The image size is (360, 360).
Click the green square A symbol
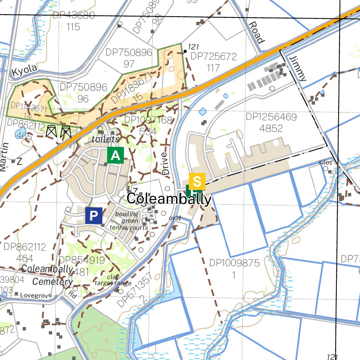pos(116,155)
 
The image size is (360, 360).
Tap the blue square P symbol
pos(94,216)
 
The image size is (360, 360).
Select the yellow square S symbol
pos(197,181)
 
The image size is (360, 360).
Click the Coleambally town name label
pos(169,199)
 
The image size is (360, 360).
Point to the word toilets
pos(105,139)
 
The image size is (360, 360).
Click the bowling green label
pos(127,217)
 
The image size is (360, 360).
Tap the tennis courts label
pos(129,227)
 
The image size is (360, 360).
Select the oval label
pos(175,218)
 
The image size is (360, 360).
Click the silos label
pos(325,162)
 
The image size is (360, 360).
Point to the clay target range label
pos(113,280)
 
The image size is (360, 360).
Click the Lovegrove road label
pos(36,295)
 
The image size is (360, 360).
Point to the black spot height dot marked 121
pos(185,51)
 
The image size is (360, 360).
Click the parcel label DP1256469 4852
pos(271,122)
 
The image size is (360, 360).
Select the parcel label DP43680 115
pos(73,21)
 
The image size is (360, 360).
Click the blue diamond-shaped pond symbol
pos(202,112)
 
